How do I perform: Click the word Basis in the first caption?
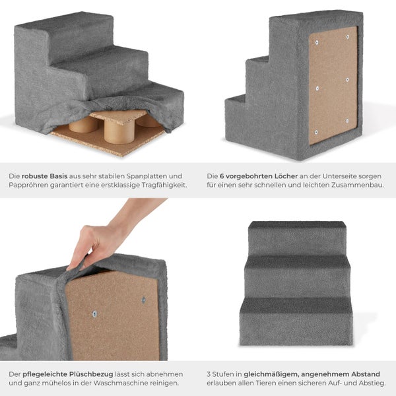click(59, 176)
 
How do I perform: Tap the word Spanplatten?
click(145, 176)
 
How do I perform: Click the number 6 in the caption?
click(222, 176)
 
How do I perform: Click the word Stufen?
click(224, 374)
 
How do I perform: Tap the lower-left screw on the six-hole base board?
click(316, 133)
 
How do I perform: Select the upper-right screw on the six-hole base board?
click(348, 37)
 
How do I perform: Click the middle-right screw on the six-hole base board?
click(348, 80)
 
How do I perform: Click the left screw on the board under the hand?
click(94, 314)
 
